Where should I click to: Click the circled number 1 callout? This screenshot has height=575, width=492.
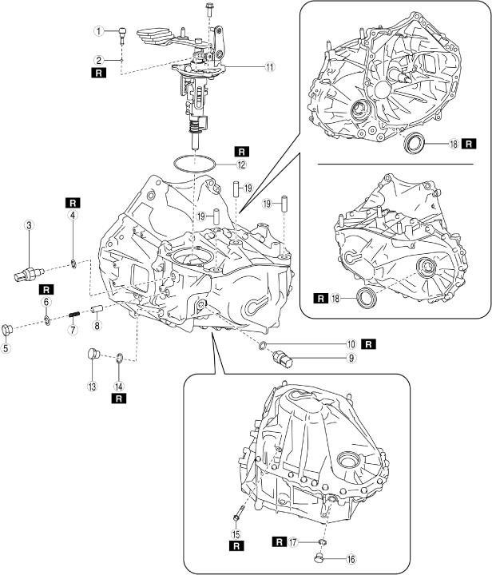point(98,32)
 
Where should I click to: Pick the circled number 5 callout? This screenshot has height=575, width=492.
point(8,349)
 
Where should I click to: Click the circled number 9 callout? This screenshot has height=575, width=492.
point(350,359)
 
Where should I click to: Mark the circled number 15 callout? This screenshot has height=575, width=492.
point(236,535)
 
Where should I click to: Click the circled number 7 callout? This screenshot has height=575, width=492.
point(71,330)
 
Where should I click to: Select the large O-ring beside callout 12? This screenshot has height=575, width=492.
point(196,163)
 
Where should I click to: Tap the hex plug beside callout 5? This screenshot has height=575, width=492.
point(10,328)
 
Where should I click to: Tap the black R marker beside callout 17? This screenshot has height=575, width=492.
point(279,541)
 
